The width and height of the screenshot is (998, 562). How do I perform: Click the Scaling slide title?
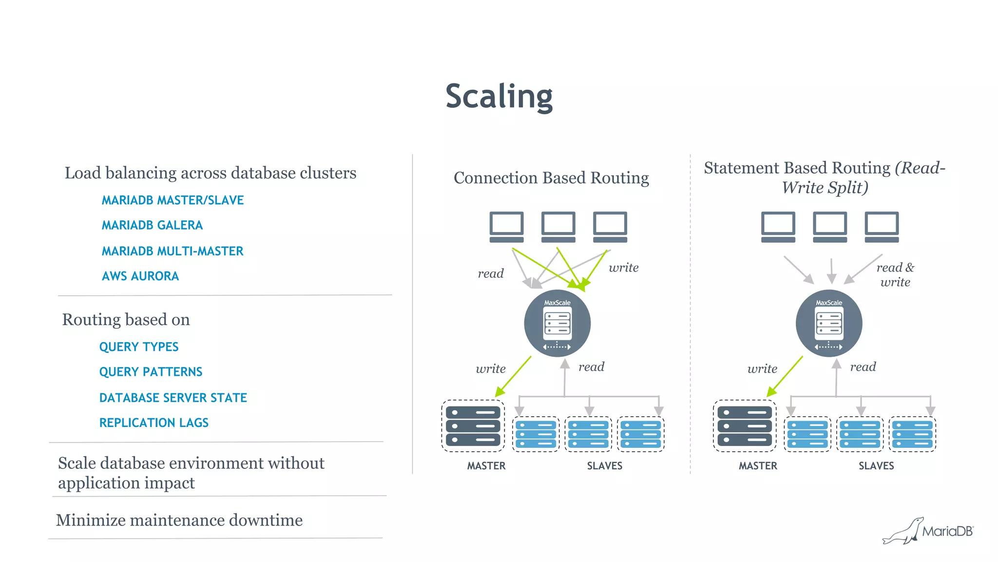click(x=499, y=96)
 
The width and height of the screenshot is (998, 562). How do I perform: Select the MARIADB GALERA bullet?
click(x=152, y=225)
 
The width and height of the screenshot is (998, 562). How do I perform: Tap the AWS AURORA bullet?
click(x=140, y=276)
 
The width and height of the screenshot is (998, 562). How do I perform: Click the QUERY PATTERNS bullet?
click(x=151, y=372)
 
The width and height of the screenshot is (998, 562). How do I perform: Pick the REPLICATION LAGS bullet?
click(x=154, y=423)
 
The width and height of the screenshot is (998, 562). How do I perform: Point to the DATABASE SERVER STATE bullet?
click(x=173, y=398)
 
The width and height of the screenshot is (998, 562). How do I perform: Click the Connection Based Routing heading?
click(x=551, y=178)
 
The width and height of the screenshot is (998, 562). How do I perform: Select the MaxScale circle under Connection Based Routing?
click(x=557, y=324)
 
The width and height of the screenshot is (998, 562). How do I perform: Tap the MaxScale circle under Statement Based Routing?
click(x=829, y=324)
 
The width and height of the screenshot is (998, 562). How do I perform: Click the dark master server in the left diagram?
click(x=473, y=426)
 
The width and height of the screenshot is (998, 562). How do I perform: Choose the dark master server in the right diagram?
click(x=744, y=426)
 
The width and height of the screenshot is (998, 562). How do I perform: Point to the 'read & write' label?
click(x=895, y=275)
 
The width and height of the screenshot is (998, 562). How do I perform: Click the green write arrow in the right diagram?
click(x=785, y=376)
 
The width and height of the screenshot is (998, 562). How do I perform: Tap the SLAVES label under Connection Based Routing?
click(x=604, y=466)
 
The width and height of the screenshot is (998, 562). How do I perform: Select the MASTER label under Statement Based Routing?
click(x=758, y=466)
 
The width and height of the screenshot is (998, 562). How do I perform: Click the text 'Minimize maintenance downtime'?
click(x=179, y=520)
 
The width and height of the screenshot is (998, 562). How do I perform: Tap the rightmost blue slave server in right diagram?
click(x=912, y=434)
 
